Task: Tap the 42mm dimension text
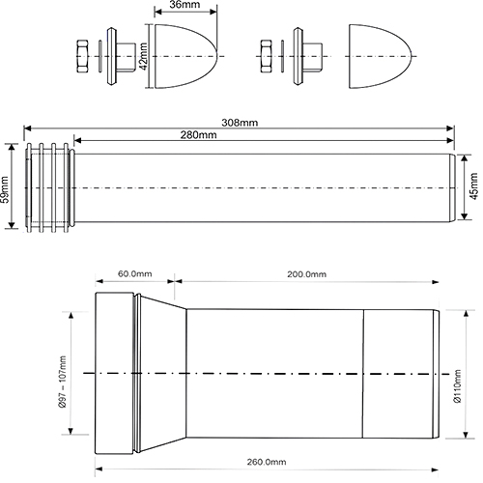pos(144,56)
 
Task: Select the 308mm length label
pos(240,123)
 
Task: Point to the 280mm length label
pos(198,134)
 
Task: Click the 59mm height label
pos(6,189)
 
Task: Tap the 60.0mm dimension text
pos(134,274)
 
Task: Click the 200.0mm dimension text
pos(306,274)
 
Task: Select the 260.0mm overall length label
pos(267,462)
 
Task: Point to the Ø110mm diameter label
pos(457,385)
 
